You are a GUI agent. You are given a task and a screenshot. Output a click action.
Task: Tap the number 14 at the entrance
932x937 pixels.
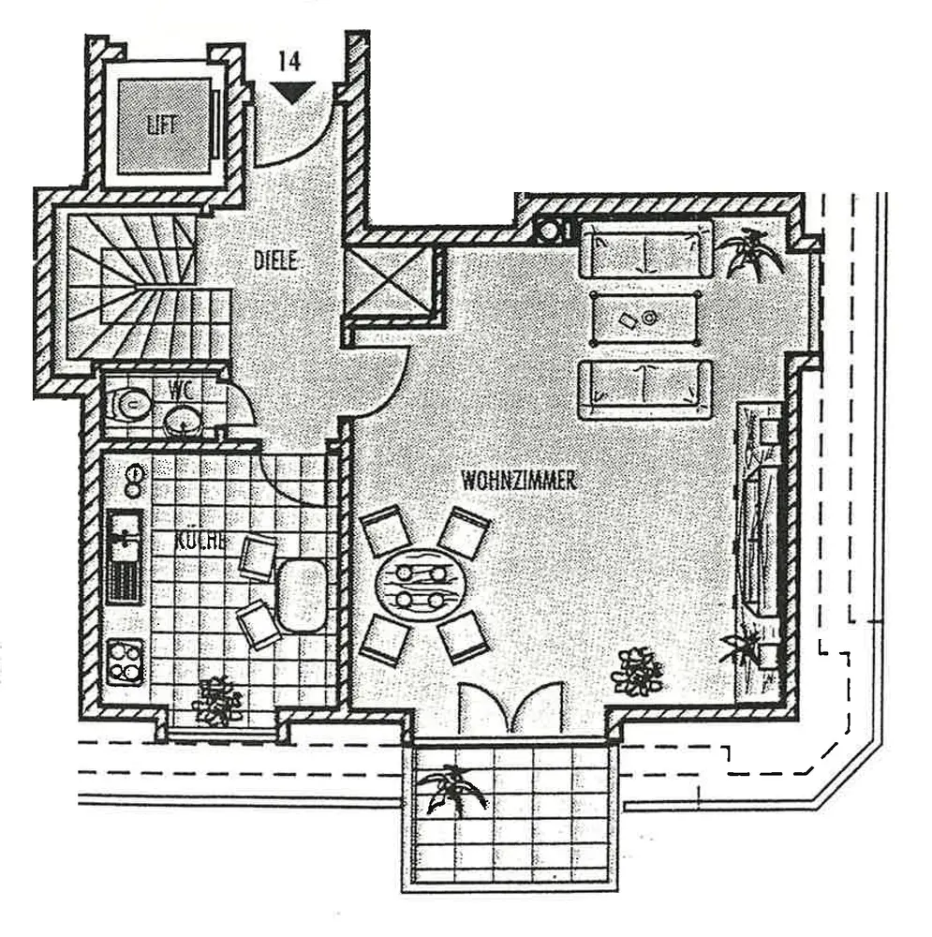click(x=289, y=62)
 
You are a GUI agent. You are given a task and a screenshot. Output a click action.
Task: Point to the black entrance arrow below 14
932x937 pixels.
click(x=291, y=91)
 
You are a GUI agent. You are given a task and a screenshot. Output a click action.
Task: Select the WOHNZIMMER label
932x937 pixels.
click(x=518, y=480)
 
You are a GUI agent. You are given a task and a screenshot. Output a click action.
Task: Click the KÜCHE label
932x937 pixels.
click(x=199, y=541)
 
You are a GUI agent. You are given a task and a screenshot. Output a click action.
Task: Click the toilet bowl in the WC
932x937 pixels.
click(x=130, y=405)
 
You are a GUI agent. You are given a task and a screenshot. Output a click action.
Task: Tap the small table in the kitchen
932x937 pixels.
click(x=302, y=595)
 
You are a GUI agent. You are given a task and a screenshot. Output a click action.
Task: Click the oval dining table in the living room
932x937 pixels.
click(x=420, y=586)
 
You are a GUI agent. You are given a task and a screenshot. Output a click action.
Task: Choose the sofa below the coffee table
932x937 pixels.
click(x=645, y=388)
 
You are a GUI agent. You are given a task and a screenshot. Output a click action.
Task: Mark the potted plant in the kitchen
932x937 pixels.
click(x=218, y=700)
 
